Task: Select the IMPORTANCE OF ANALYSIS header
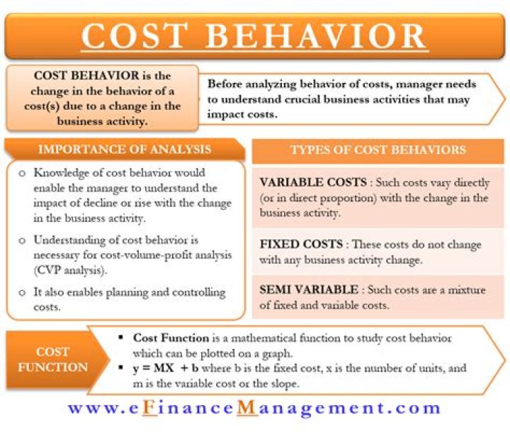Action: (124, 149)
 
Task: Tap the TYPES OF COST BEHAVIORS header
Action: (378, 150)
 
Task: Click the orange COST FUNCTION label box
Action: (53, 360)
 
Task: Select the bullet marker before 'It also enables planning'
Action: (22, 292)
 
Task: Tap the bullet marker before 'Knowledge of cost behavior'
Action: (22, 173)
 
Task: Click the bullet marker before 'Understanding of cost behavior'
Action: (22, 240)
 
